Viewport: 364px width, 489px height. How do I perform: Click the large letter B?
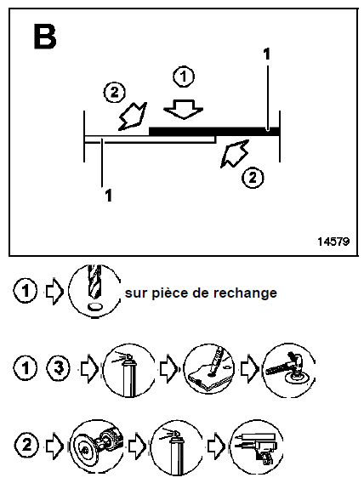point(46,37)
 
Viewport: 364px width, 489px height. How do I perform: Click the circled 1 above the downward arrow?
point(183,77)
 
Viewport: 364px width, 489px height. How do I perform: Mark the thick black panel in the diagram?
point(213,130)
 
